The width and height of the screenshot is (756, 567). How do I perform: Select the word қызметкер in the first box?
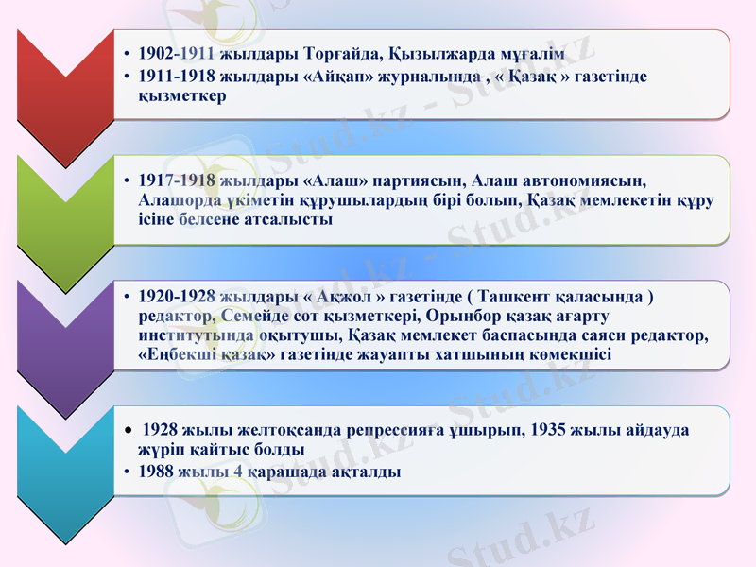pyautogui.click(x=181, y=95)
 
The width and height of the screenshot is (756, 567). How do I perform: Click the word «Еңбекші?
pyautogui.click(x=176, y=355)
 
